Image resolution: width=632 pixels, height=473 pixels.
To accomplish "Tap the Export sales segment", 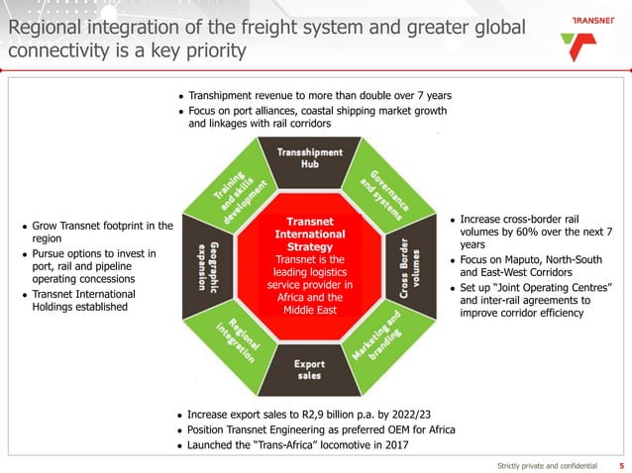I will [309, 369].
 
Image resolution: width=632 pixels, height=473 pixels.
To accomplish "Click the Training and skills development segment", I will [239, 188].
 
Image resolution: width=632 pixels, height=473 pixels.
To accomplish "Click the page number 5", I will [621, 464].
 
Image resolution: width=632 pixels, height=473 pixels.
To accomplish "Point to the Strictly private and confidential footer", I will [548, 464].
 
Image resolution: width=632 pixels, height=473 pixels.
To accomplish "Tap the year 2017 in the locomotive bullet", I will [390, 445].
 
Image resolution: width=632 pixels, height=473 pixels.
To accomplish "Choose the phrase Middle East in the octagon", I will [310, 310].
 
